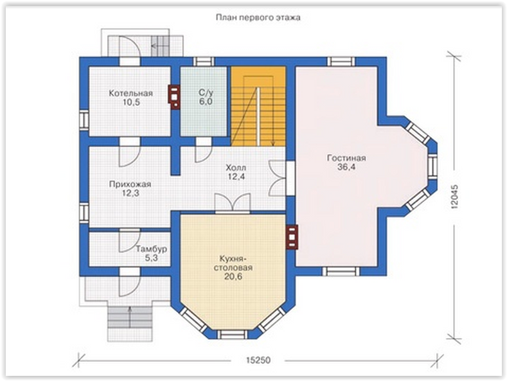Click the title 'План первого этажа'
tap(258, 17)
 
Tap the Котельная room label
tap(130, 93)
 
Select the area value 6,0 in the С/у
tap(206, 102)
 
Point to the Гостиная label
tap(346, 158)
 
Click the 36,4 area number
tap(346, 167)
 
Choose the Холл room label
tap(236, 168)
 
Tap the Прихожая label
tap(130, 184)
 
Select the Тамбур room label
tap(151, 249)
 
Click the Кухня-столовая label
tap(236, 263)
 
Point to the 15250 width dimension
tap(258, 360)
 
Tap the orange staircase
tap(258, 107)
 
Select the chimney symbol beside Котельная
tap(174, 97)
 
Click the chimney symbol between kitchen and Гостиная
tap(292, 237)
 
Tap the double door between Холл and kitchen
tap(233, 203)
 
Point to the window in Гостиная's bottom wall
tap(341, 271)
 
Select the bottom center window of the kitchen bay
tap(232, 335)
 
